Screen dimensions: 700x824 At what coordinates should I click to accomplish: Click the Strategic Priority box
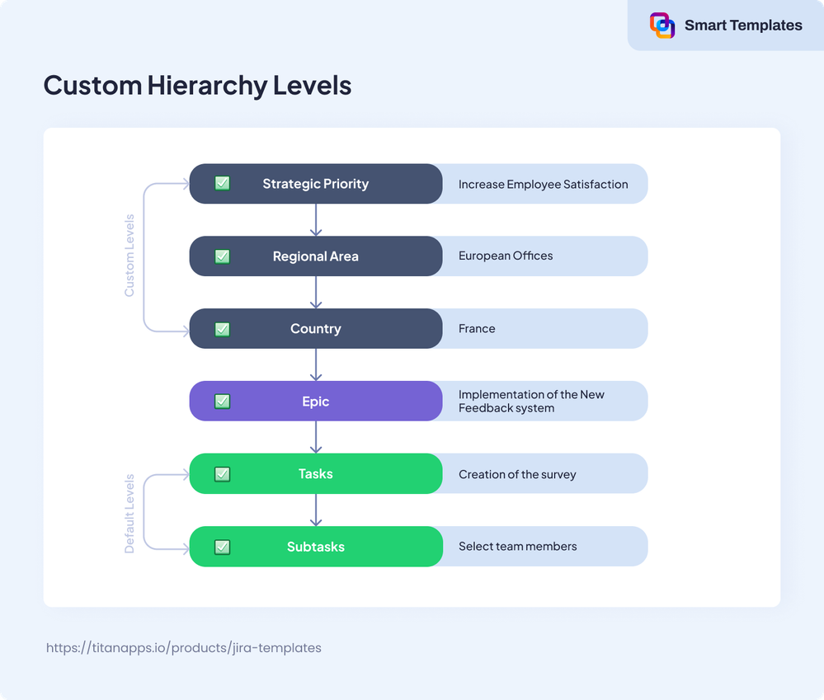[316, 184]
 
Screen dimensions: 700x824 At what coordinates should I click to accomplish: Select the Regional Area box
[316, 256]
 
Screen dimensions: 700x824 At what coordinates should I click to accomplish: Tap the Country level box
[316, 329]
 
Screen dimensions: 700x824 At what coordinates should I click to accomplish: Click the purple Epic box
[316, 402]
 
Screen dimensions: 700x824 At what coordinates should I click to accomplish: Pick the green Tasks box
[316, 474]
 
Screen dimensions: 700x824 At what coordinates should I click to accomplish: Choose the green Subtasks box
[316, 547]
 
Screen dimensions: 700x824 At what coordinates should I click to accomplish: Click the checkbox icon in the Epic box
[222, 402]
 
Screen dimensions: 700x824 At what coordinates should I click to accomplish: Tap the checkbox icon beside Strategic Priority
[222, 184]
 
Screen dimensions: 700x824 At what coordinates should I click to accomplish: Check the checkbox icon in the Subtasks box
[222, 547]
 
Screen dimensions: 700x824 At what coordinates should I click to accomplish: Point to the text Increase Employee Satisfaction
[543, 185]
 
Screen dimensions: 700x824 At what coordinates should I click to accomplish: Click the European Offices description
[506, 256]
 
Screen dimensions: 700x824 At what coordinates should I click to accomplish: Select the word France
[477, 329]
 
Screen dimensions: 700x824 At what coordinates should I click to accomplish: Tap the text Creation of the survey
[517, 475]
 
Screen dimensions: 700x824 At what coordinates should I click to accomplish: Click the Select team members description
[517, 547]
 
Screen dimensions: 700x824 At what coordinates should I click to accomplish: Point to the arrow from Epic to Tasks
[316, 437]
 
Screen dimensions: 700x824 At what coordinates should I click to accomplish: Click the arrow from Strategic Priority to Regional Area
[316, 219]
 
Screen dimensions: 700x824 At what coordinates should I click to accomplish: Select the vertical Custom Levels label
[129, 256]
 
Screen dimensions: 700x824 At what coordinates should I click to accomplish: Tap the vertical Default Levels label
[129, 513]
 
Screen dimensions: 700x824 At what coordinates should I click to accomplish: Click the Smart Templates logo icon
[662, 26]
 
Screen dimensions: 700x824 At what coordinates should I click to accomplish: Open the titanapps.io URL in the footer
[184, 648]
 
